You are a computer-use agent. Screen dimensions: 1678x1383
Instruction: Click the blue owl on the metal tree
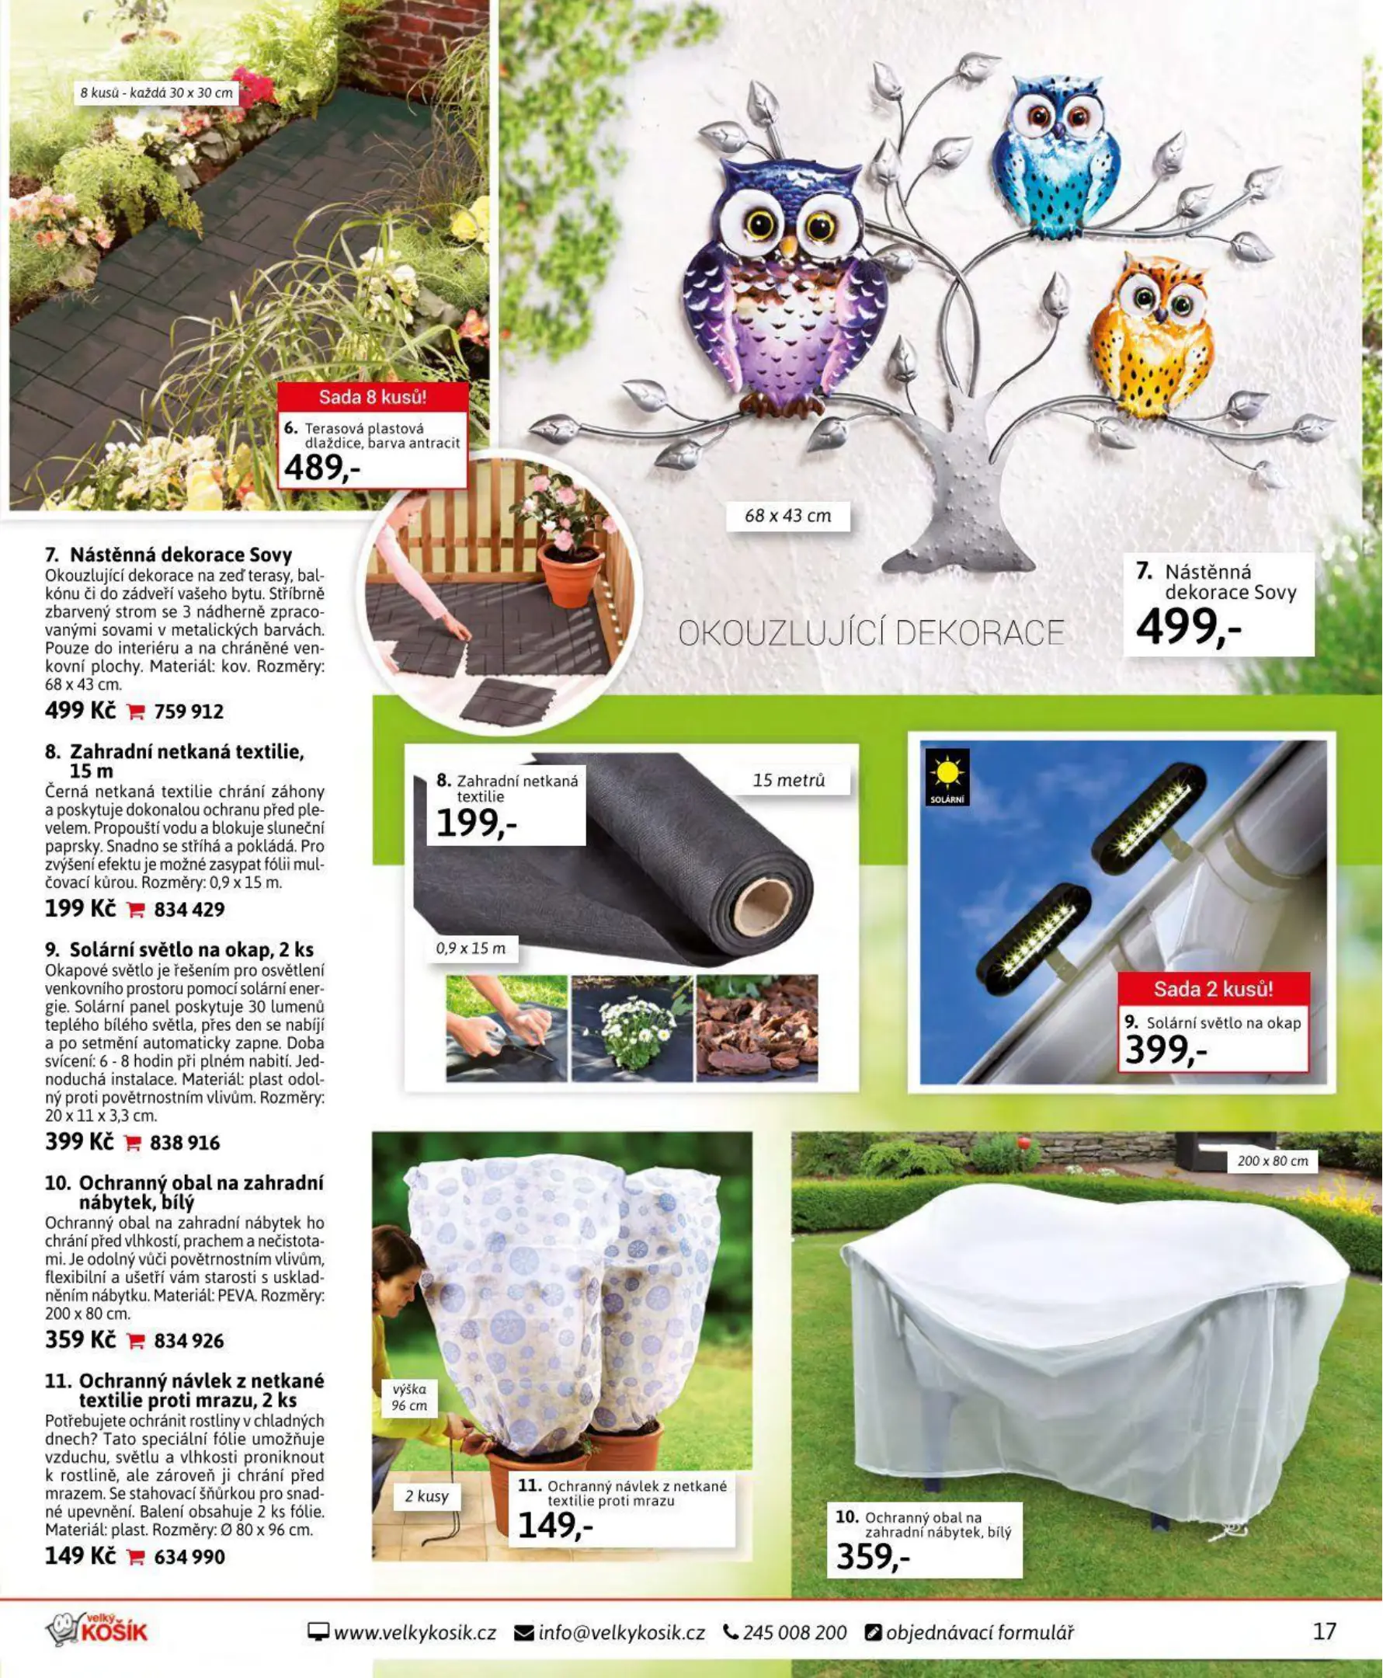point(1055,155)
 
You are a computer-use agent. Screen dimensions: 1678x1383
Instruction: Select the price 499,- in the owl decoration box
point(1188,627)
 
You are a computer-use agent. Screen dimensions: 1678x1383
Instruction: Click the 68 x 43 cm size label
point(787,517)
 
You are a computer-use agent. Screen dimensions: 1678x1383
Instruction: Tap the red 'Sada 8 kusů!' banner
point(372,397)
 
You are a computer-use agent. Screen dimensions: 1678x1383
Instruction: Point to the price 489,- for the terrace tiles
point(321,468)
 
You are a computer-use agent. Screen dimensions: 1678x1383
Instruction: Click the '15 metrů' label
point(789,781)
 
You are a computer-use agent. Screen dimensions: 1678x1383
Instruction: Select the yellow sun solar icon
point(947,775)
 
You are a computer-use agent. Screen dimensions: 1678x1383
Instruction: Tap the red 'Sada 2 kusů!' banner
point(1212,990)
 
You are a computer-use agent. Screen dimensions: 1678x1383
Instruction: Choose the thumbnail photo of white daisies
point(633,1029)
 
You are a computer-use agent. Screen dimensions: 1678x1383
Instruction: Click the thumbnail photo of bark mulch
point(757,1029)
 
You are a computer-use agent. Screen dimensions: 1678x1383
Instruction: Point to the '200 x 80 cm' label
point(1272,1161)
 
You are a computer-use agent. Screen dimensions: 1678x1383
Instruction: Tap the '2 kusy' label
point(426,1496)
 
